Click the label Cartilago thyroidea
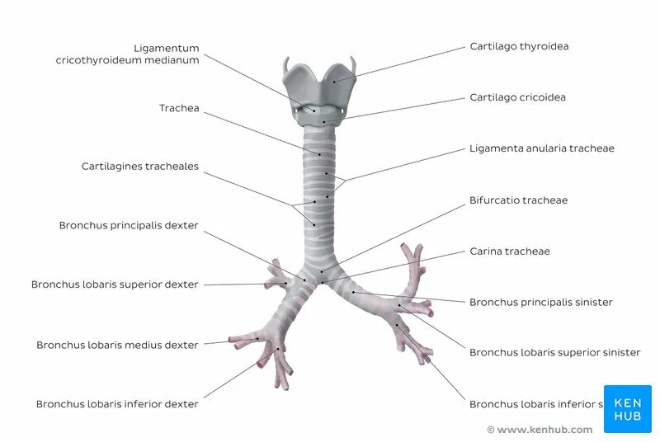click(x=519, y=47)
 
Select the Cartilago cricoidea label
click(x=517, y=97)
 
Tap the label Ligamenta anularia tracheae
click(x=541, y=148)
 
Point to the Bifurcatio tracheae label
click(x=518, y=200)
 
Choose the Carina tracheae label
click(x=509, y=252)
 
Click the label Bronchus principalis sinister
click(x=540, y=303)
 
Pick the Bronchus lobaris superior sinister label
click(x=554, y=353)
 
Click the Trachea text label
click(x=179, y=108)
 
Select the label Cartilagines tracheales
click(x=139, y=167)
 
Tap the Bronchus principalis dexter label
click(x=129, y=225)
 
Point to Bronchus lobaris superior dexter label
click(x=115, y=284)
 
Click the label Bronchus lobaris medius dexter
click(x=117, y=345)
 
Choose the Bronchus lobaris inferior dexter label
click(x=117, y=404)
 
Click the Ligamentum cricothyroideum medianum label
click(x=128, y=54)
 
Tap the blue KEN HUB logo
click(x=627, y=409)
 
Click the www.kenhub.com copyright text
click(x=540, y=430)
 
